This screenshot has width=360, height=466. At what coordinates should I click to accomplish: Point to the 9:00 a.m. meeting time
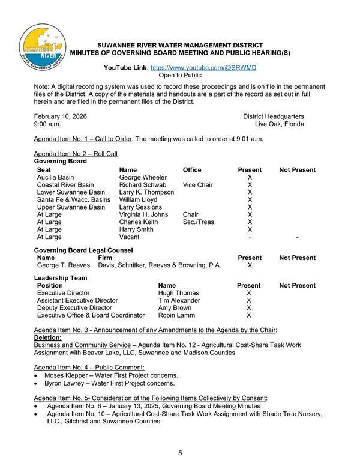(47, 124)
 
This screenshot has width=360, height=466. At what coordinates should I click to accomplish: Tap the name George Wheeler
(143, 178)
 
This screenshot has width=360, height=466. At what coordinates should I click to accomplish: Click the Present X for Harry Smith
(250, 229)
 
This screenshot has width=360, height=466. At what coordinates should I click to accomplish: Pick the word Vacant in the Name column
(130, 237)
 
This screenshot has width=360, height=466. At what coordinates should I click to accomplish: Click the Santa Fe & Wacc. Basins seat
(74, 199)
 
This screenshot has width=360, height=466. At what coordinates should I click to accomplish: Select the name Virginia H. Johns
(143, 214)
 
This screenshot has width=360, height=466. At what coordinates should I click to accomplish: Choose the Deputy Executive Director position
(74, 307)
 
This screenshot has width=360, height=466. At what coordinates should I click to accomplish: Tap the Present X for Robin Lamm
(248, 315)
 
